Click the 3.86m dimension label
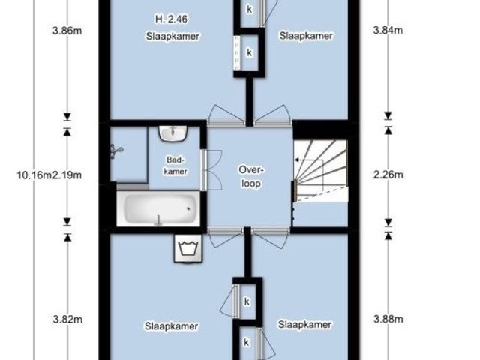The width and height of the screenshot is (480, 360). [x=67, y=31]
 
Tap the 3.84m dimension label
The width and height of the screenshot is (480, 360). [x=388, y=30]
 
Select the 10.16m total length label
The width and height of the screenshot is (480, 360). [x=34, y=175]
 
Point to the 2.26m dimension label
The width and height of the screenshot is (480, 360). [x=388, y=175]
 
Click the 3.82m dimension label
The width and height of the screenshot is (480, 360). [x=67, y=319]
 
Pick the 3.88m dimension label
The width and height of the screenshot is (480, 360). [x=388, y=319]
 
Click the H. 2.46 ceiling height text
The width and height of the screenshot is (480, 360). [x=172, y=19]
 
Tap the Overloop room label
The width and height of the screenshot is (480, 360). [x=251, y=177]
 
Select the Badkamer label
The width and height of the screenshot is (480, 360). [x=175, y=166]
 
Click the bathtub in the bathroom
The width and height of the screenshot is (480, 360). [x=158, y=208]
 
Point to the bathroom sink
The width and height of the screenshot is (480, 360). [x=173, y=133]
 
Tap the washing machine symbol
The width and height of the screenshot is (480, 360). [x=188, y=248]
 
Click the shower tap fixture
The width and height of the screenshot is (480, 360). [x=116, y=151]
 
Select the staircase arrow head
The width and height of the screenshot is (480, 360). [x=297, y=160]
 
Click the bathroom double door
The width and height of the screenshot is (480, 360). [x=211, y=170]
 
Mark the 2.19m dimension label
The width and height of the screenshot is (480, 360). [x=67, y=175]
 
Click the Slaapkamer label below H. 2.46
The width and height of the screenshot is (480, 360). [x=172, y=36]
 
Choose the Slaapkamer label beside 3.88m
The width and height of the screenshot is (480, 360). [x=304, y=324]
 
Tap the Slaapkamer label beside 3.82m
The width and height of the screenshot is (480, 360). [x=172, y=326]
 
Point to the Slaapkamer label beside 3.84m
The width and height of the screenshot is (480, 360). [x=306, y=35]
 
